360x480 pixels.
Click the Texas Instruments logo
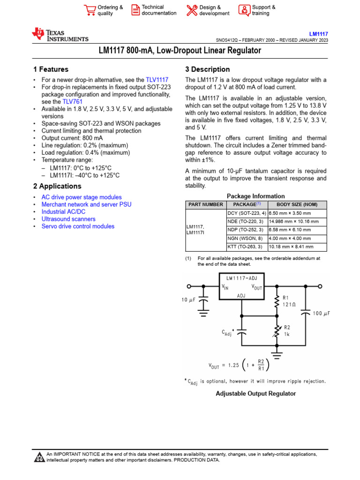[60, 35]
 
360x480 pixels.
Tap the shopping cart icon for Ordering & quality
[89, 10]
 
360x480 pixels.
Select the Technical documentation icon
[135, 10]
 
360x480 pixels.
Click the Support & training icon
[244, 10]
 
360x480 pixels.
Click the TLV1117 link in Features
[157, 80]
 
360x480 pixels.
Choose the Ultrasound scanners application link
[68, 219]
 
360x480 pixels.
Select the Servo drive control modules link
[78, 226]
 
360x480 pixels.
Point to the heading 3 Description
[208, 69]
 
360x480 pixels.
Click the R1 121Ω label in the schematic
[289, 301]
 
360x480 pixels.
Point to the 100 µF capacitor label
[321, 313]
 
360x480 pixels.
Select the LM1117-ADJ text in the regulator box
[242, 278]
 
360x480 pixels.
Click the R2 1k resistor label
[287, 331]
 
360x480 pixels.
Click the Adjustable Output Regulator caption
[255, 394]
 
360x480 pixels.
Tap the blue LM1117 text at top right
[318, 34]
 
